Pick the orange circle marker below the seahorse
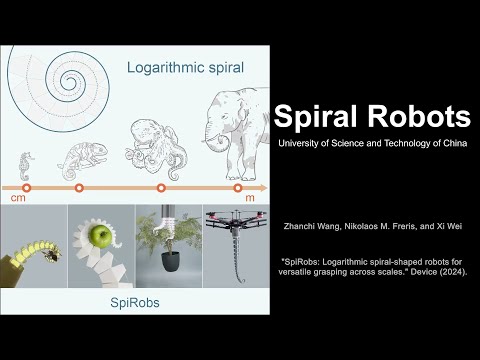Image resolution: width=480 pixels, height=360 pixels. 27,188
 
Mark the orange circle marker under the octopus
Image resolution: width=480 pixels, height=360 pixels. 161,188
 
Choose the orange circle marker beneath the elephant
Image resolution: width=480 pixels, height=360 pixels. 238,188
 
